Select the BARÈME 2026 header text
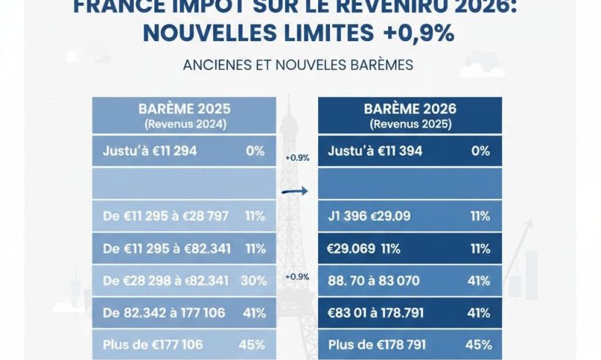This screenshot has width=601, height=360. tap(410, 109)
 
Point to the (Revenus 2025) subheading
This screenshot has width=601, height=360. tap(410, 124)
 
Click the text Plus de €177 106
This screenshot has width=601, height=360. tap(152, 344)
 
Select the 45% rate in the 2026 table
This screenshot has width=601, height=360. tap(478, 344)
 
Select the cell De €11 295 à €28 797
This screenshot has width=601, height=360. tap(165, 216)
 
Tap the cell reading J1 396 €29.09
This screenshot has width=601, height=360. tap(370, 217)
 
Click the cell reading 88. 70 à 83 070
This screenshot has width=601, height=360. tap(380, 280)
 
